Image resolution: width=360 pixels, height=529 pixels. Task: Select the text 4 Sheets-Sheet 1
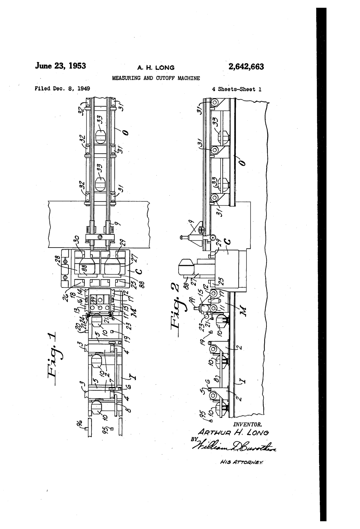pyautogui.click(x=236, y=89)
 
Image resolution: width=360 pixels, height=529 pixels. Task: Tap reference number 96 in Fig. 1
pyautogui.click(x=79, y=421)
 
